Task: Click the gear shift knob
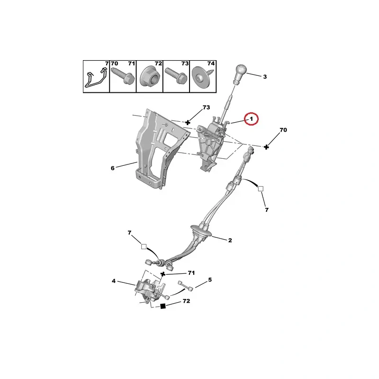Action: coord(240,73)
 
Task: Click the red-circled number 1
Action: coord(252,118)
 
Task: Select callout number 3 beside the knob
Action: coord(265,77)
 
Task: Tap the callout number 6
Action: coord(113,168)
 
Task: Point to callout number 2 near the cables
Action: coord(230,241)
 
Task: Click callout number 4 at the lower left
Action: coord(114,281)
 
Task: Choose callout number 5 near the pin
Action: coord(210,280)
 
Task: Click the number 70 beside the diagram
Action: coord(283,130)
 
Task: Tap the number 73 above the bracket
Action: coord(206,108)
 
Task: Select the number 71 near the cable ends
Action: coord(191,273)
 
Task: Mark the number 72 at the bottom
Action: coord(186,301)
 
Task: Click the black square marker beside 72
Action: coord(163,307)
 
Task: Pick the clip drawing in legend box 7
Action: coord(95,78)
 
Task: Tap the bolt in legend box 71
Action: coord(123,76)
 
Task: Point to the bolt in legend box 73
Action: coord(176,76)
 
